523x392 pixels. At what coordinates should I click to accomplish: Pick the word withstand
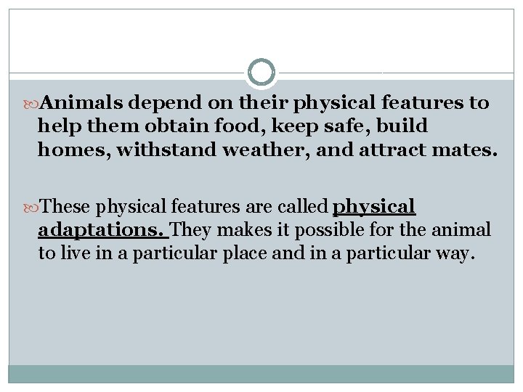(x=165, y=152)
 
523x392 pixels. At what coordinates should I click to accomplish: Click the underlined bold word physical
(x=374, y=207)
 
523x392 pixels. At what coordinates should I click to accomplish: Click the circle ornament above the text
(x=261, y=73)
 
